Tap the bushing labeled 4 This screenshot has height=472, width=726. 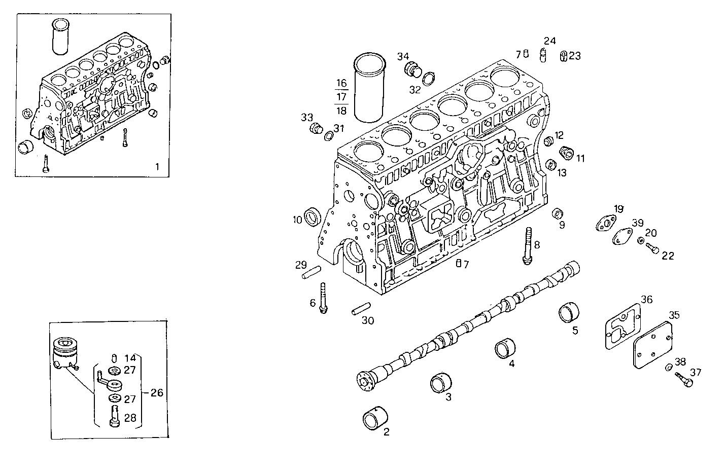(x=505, y=349)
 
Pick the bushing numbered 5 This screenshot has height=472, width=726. (x=569, y=312)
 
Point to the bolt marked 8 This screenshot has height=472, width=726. (x=528, y=245)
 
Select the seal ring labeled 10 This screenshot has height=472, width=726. (x=313, y=216)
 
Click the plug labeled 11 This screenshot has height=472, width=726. (x=566, y=151)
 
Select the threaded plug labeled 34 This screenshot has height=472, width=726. (x=412, y=69)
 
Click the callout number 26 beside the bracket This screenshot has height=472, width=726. (x=157, y=392)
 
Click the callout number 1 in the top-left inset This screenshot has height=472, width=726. (x=157, y=166)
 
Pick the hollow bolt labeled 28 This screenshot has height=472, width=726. (x=114, y=415)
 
